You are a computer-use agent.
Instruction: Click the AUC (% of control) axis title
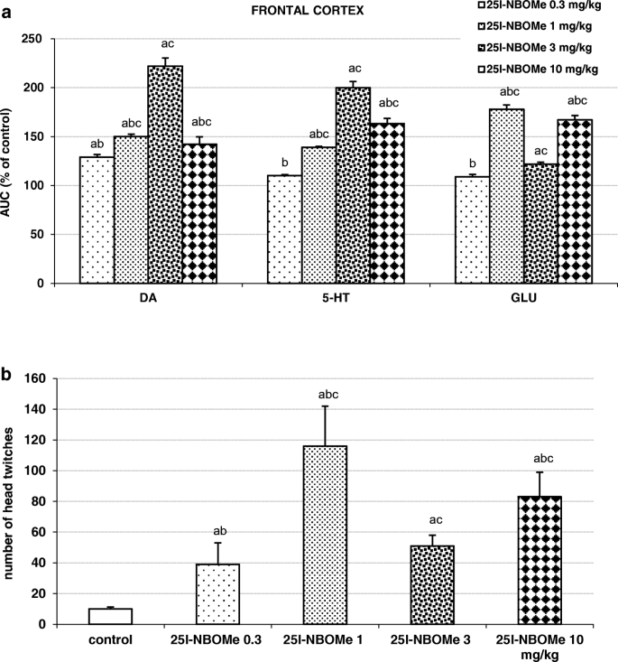coord(12,161)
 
